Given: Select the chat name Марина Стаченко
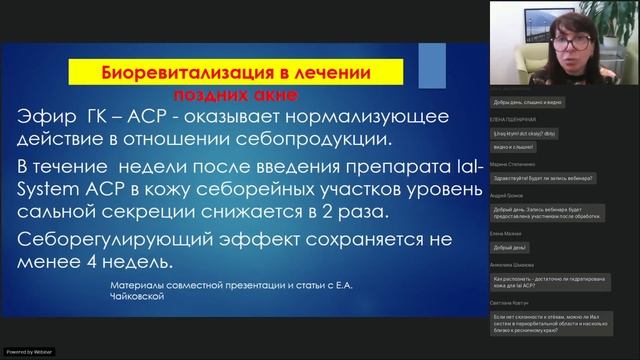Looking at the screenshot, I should (x=514, y=163).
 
